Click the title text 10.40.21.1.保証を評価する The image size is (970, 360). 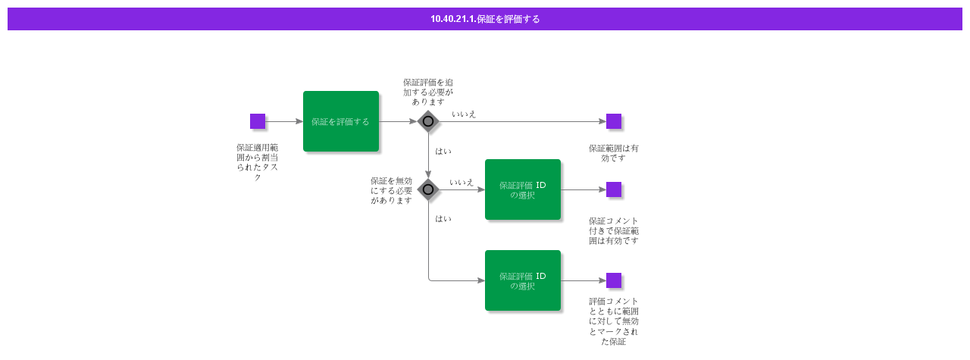coord(485,19)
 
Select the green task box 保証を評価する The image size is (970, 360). coord(341,121)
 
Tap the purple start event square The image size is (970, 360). coord(258,121)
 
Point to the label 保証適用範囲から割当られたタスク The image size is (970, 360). coord(258,162)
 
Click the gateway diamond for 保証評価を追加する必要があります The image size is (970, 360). coord(428,121)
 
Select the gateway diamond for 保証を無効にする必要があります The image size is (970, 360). coord(428,189)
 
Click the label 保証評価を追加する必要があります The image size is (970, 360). coord(428,92)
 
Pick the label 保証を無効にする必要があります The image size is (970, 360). coord(391,190)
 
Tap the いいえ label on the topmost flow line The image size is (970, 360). coord(464,114)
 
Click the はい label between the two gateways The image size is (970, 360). coord(443,151)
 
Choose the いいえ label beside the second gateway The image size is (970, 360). coord(462,183)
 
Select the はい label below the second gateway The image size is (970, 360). coord(443,218)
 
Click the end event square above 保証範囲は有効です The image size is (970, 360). coord(614,121)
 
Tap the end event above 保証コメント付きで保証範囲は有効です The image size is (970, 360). coord(614,189)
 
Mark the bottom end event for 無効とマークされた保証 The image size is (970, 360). coord(614,280)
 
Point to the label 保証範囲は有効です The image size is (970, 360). coord(614,153)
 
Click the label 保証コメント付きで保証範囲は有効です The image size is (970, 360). coord(614,230)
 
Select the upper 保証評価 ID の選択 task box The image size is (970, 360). coord(523,189)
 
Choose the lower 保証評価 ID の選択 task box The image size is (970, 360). coord(523,280)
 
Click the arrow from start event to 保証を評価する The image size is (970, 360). coord(284,121)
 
